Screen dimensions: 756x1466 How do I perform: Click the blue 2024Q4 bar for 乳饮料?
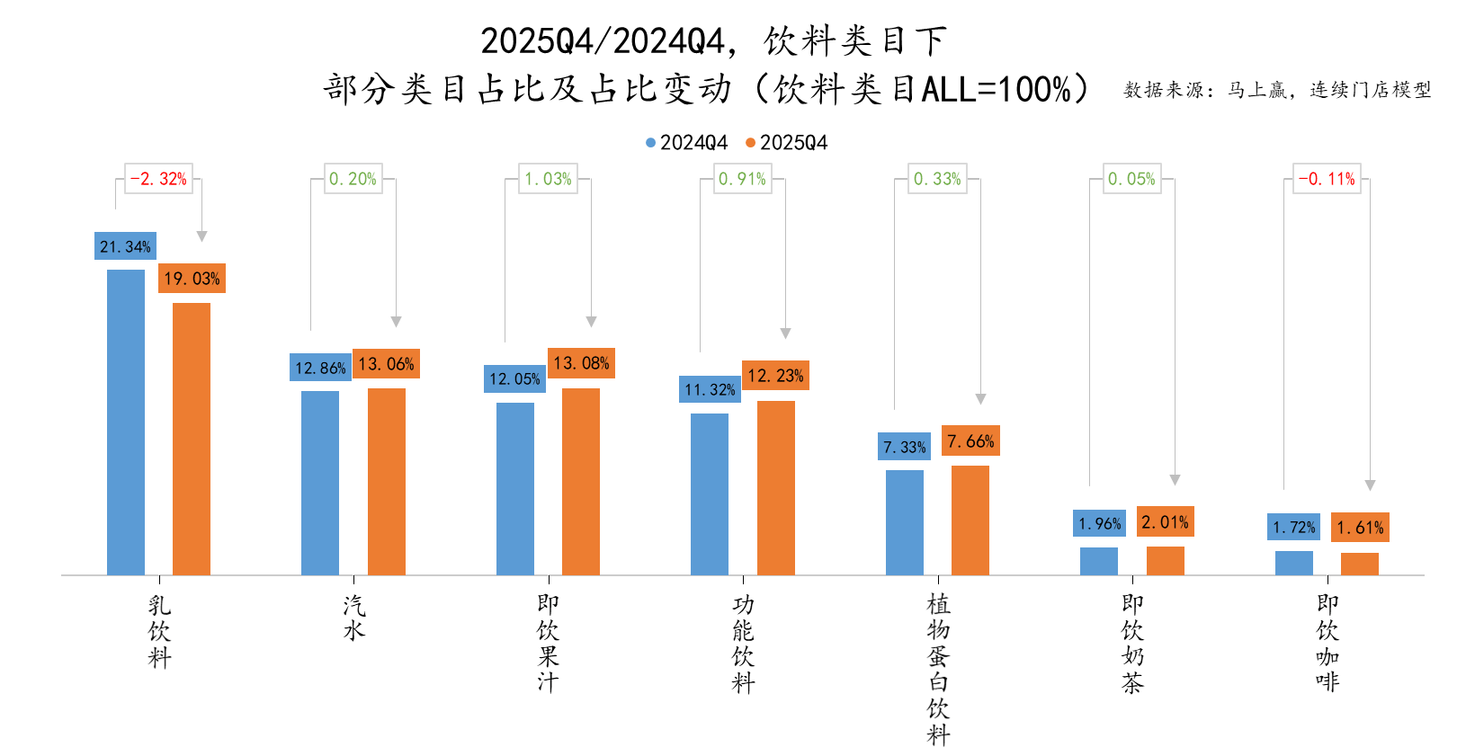point(126,422)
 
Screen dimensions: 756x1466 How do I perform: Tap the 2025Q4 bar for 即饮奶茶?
point(1165,560)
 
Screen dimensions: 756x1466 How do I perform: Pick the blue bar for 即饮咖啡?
point(1293,563)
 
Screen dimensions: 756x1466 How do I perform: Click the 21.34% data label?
point(125,246)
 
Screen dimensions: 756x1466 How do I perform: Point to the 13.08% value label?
point(581,363)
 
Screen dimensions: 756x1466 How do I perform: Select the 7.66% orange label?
point(970,441)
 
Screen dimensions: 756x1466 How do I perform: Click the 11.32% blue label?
point(710,389)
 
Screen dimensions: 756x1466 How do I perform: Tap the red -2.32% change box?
point(158,179)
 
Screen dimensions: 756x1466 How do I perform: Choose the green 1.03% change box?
point(548,179)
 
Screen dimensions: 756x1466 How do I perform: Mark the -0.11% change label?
point(1327,179)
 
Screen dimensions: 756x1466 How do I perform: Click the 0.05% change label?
point(1131,179)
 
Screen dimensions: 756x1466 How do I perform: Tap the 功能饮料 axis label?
point(743,644)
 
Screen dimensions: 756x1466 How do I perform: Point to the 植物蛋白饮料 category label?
point(938,669)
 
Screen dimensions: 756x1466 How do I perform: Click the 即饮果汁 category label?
point(548,644)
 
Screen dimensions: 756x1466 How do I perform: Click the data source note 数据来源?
point(1276,90)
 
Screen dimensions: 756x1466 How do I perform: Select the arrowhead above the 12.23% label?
point(785,334)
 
